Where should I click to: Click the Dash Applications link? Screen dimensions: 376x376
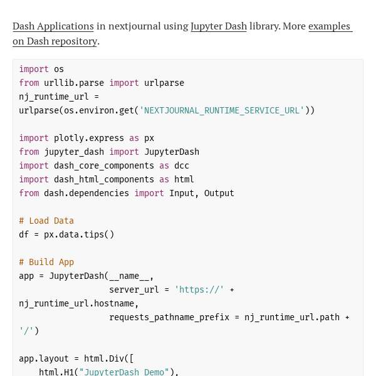click(x=53, y=26)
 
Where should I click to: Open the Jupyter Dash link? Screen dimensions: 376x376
click(x=219, y=26)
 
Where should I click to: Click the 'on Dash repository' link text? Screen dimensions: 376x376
click(x=55, y=41)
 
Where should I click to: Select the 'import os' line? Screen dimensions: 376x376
click(x=41, y=69)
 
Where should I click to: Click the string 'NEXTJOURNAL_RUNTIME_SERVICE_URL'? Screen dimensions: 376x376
click(x=222, y=110)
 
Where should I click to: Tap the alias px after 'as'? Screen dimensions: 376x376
click(x=149, y=138)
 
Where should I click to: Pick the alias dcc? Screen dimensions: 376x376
click(x=182, y=165)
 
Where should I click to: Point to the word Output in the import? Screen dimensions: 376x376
click(x=219, y=193)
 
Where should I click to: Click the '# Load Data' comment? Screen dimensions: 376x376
click(x=46, y=221)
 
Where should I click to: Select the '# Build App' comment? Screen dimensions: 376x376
click(x=46, y=262)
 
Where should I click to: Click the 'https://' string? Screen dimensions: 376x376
click(x=199, y=290)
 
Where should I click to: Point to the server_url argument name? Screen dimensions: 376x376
click(x=134, y=290)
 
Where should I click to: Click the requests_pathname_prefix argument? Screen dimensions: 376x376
click(x=169, y=317)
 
